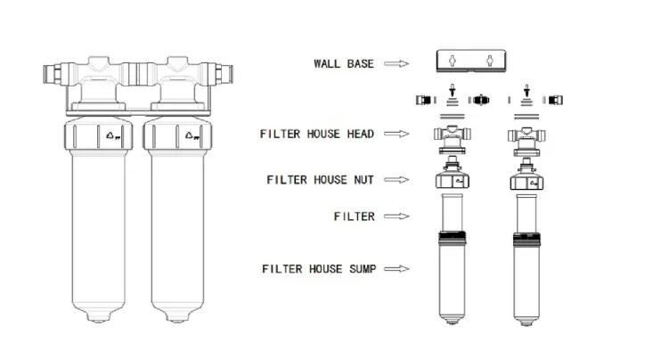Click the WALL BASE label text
pos(343,63)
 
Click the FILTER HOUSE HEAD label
pos(317,134)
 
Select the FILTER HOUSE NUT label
pos(321,179)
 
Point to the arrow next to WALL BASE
pos(396,63)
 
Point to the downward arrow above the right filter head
pos(527,91)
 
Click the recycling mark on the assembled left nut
pos(112,137)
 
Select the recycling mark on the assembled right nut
pos(191,137)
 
